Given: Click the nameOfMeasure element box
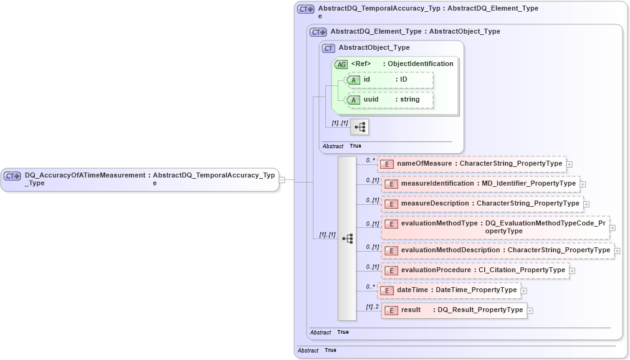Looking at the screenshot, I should [x=471, y=164].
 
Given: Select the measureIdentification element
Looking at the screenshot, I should [x=480, y=184].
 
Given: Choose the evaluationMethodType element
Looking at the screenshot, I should [x=495, y=227].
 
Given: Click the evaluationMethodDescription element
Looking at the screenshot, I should [x=497, y=250].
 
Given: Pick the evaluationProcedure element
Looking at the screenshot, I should [x=475, y=270].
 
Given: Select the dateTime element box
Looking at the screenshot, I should [x=449, y=290].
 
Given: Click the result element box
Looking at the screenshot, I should [x=454, y=310].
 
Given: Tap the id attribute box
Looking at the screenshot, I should [x=389, y=80].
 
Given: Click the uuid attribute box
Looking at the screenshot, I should [x=389, y=100].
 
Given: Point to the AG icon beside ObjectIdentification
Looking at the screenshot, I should [x=341, y=64].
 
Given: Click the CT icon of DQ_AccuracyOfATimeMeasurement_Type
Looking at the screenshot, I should [x=12, y=176].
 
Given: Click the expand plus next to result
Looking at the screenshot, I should [x=530, y=311].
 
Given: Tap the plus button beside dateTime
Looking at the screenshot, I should [x=524, y=291].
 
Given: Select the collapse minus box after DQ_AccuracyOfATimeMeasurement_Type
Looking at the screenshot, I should [x=282, y=180].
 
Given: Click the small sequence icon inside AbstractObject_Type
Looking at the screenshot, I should [x=360, y=127].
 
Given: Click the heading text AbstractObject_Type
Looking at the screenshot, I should [x=374, y=47].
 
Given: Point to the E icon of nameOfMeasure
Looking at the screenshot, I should [x=387, y=164].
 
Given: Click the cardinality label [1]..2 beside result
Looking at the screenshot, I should [x=372, y=306].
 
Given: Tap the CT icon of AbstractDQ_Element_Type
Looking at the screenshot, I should [x=318, y=32].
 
